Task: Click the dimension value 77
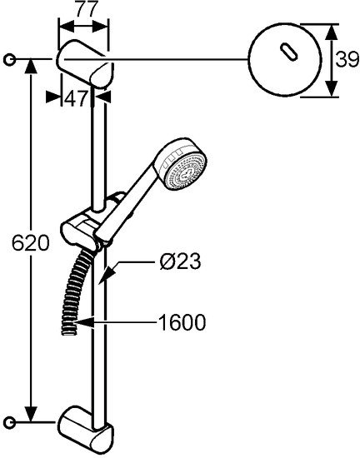(86, 10)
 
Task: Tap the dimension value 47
(77, 98)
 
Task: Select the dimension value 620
(31, 243)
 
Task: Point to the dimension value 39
(347, 60)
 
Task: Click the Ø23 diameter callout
(180, 261)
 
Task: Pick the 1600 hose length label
(182, 323)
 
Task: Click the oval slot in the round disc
(288, 52)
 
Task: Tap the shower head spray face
(186, 174)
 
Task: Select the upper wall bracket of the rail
(85, 63)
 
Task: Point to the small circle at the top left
(10, 60)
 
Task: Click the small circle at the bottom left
(10, 422)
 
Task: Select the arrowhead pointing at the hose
(84, 323)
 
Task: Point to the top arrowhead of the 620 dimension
(31, 68)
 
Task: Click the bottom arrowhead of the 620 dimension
(31, 414)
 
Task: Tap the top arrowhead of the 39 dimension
(331, 32)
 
